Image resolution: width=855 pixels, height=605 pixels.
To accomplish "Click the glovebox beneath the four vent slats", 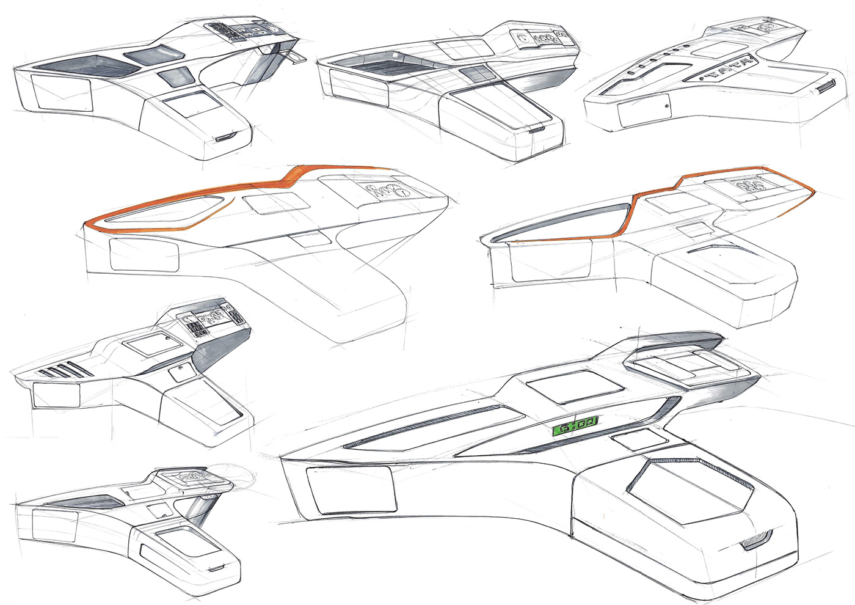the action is [56, 395].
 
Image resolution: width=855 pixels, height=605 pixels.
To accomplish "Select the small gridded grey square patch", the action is [476, 74].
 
